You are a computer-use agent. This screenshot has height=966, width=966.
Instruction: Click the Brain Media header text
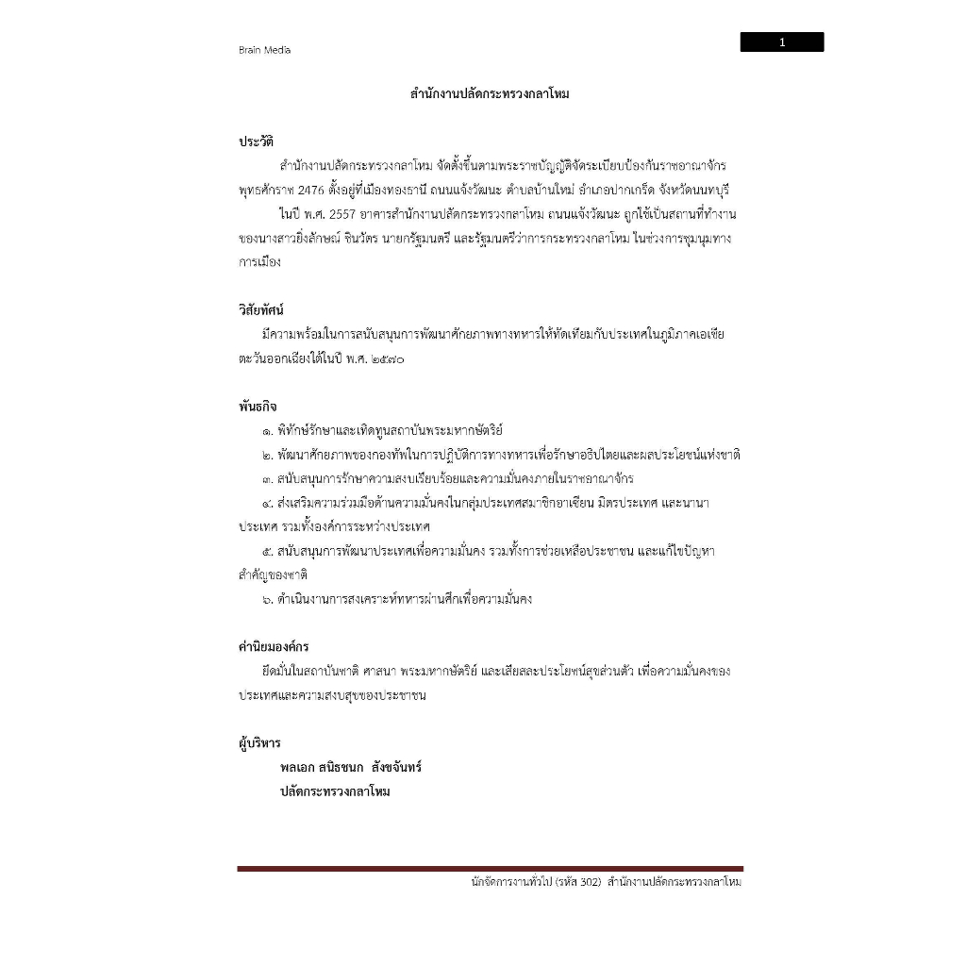tap(264, 50)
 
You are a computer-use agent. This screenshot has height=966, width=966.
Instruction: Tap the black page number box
tap(781, 42)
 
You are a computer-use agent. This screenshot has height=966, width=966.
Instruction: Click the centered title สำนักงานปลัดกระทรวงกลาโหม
tap(490, 94)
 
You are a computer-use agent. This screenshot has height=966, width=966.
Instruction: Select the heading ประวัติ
tap(256, 142)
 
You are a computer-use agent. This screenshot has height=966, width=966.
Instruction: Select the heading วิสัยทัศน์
tap(261, 309)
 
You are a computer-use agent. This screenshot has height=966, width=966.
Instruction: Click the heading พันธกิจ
tap(258, 407)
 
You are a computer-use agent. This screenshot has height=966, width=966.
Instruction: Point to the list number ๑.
tap(269, 431)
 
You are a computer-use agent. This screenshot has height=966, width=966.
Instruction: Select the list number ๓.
tap(269, 479)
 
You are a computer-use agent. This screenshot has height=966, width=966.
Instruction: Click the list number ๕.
tap(269, 551)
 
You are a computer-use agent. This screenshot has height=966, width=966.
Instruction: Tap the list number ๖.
tap(269, 599)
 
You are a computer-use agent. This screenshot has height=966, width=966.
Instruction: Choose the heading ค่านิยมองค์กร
tap(274, 647)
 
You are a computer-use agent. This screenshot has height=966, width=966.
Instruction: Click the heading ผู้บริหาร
tap(259, 743)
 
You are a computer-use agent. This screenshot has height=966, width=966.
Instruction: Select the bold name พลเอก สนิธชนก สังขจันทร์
tap(351, 767)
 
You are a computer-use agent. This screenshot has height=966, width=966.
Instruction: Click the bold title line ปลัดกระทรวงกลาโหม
tap(335, 791)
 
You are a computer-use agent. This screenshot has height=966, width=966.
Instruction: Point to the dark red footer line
tap(490, 868)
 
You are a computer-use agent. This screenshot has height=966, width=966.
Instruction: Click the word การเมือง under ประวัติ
tap(259, 262)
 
